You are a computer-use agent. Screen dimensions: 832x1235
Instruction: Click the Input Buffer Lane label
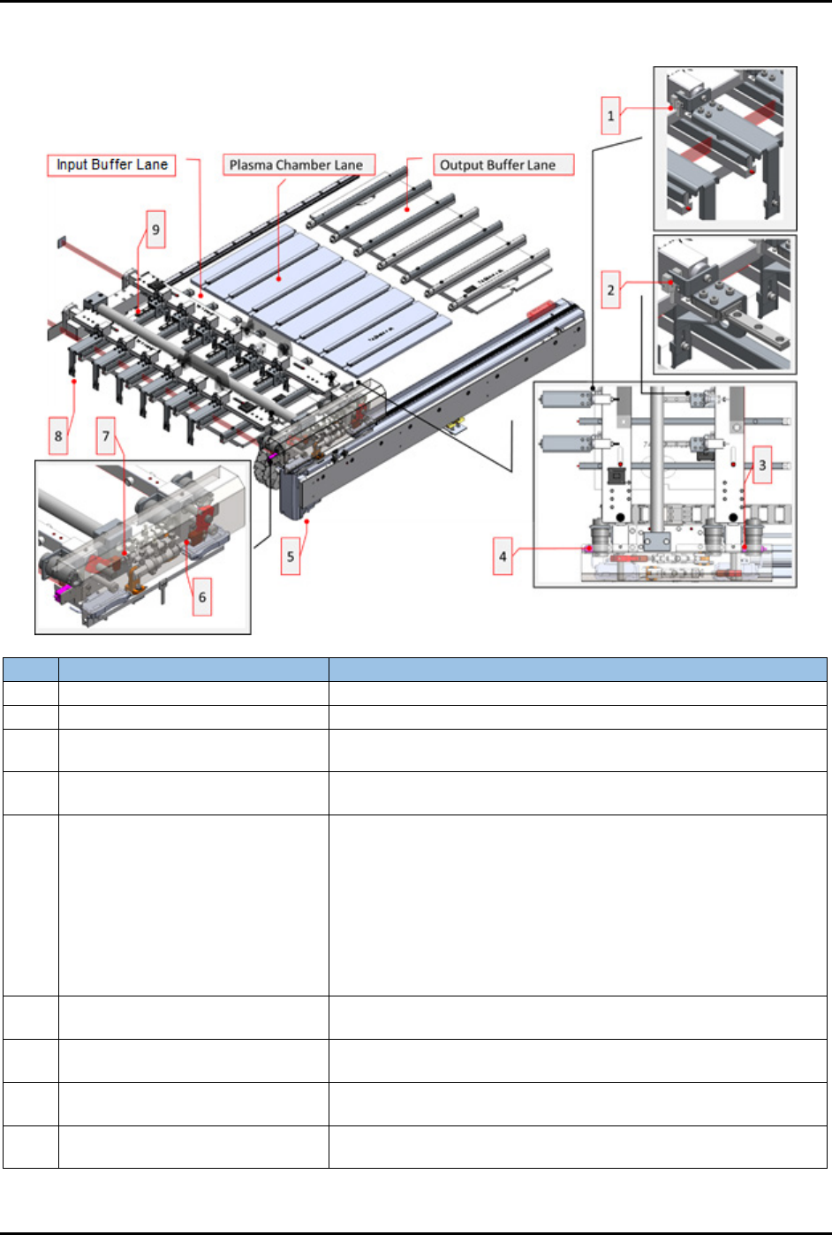(111, 165)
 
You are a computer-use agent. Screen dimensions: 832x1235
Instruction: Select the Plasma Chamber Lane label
(299, 165)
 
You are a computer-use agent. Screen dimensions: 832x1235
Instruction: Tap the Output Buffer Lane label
(503, 165)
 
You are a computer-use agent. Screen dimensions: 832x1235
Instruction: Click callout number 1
(610, 116)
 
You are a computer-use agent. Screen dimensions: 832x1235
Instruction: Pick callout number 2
(610, 290)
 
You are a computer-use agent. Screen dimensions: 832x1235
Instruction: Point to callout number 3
(762, 465)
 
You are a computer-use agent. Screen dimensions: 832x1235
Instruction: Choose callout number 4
(503, 557)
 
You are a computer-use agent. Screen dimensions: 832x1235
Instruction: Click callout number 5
(291, 557)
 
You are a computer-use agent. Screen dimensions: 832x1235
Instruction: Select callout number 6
(201, 597)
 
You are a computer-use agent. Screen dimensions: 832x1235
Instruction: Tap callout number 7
(106, 436)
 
